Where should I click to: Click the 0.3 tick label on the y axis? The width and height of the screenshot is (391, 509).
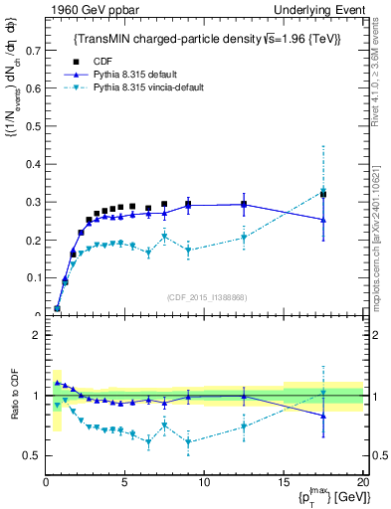tap(32, 202)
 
